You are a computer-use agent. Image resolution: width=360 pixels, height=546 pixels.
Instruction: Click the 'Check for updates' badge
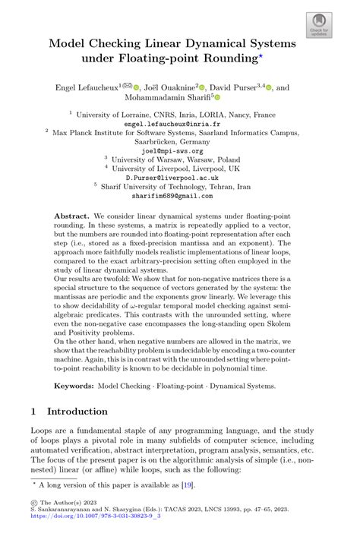point(319,26)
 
